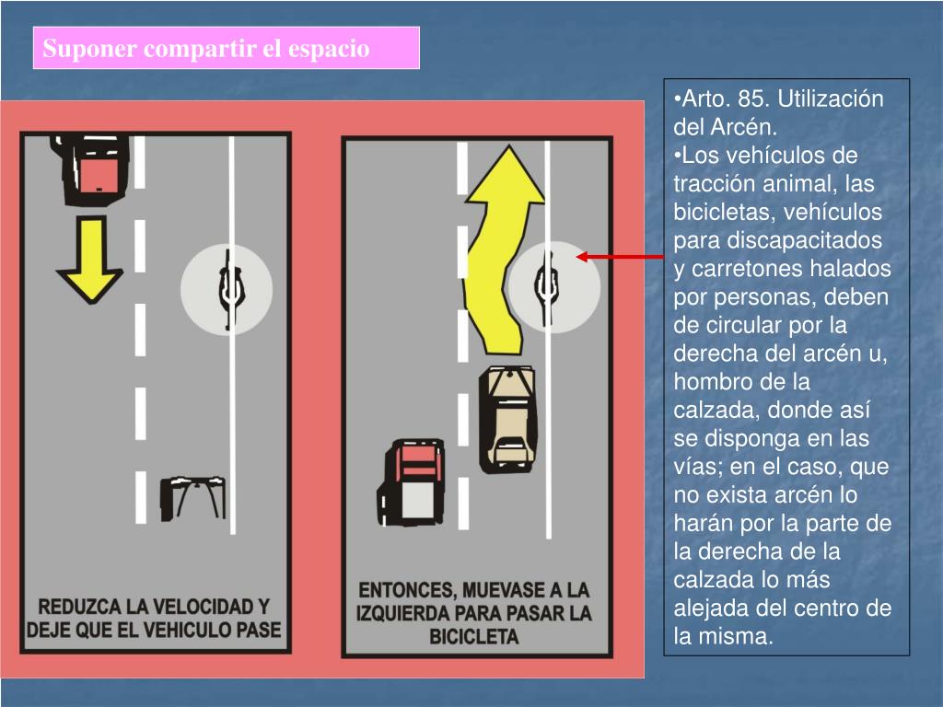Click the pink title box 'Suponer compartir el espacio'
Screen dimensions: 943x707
(x=227, y=48)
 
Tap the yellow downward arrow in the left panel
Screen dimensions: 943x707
(x=90, y=260)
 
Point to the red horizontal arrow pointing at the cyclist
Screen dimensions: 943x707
(x=620, y=258)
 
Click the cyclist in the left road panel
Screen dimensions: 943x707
(x=230, y=289)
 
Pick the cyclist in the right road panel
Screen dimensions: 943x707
(x=546, y=287)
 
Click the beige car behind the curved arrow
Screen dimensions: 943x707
(x=507, y=419)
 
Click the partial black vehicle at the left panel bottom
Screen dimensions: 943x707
(x=193, y=498)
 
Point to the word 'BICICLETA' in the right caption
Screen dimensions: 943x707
(x=474, y=637)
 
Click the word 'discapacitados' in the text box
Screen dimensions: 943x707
(x=804, y=240)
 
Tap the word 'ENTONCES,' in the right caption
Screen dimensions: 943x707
(x=407, y=590)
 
